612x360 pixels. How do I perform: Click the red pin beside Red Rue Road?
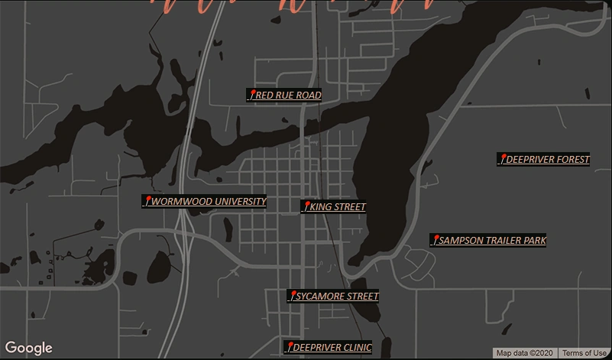[252, 94]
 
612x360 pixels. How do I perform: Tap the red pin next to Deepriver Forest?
[503, 158]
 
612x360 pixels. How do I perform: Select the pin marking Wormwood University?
[147, 200]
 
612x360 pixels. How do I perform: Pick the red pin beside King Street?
[306, 206]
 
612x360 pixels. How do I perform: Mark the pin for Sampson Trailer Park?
[436, 239]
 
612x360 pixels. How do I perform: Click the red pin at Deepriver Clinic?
[290, 346]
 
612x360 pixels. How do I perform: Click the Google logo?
[28, 349]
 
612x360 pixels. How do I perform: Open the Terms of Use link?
[584, 353]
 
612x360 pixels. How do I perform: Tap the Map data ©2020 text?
[524, 353]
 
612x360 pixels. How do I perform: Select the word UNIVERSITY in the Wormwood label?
[241, 202]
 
